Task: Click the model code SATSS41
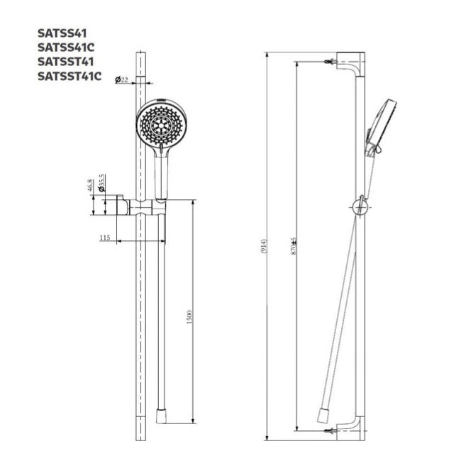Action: (62, 33)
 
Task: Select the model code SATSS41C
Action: (66, 48)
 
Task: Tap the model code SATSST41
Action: (65, 62)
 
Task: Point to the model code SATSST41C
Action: (70, 76)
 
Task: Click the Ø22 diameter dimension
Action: (122, 79)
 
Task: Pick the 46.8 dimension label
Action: (91, 186)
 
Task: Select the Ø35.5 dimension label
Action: (101, 183)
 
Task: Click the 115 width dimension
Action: (105, 238)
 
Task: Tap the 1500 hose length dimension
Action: (189, 317)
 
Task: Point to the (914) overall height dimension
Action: (264, 246)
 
